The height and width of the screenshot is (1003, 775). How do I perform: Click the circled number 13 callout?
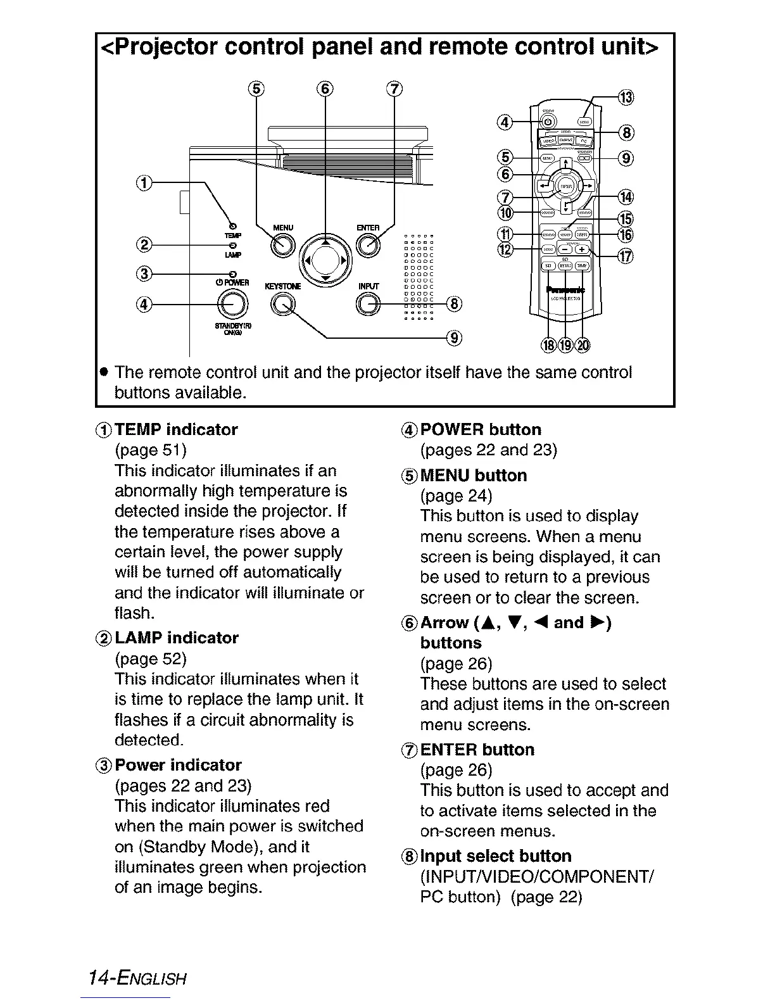tap(626, 97)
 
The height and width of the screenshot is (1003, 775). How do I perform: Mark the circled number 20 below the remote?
tap(583, 344)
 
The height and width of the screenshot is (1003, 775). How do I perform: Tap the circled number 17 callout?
tap(626, 256)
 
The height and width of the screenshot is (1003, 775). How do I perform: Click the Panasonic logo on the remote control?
tap(565, 289)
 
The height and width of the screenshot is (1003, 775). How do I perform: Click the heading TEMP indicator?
tap(176, 429)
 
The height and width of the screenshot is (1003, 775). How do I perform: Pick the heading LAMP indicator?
tap(177, 638)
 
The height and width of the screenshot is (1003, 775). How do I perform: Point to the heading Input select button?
tap(496, 856)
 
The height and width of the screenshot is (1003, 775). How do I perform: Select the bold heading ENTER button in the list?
tap(477, 750)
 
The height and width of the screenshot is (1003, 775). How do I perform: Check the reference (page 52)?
tap(151, 659)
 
